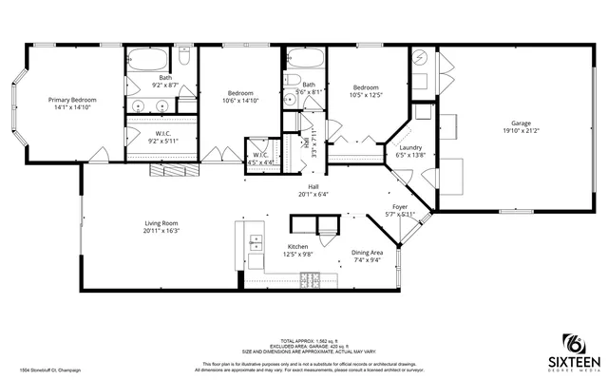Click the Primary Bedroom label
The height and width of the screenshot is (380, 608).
click(72, 100)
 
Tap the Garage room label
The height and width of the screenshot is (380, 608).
click(521, 123)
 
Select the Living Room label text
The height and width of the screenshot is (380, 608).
click(161, 222)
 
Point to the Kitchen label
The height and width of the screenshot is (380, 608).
click(299, 246)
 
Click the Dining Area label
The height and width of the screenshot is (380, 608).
click(368, 253)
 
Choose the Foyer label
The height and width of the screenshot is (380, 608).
click(401, 206)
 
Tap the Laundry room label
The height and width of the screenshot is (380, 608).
click(410, 147)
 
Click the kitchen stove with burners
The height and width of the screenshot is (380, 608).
click(309, 278)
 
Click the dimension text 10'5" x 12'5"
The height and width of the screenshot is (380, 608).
click(366, 94)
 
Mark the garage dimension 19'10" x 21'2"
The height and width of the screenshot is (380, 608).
click(521, 130)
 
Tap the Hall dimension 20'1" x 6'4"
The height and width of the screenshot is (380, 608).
click(313, 194)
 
